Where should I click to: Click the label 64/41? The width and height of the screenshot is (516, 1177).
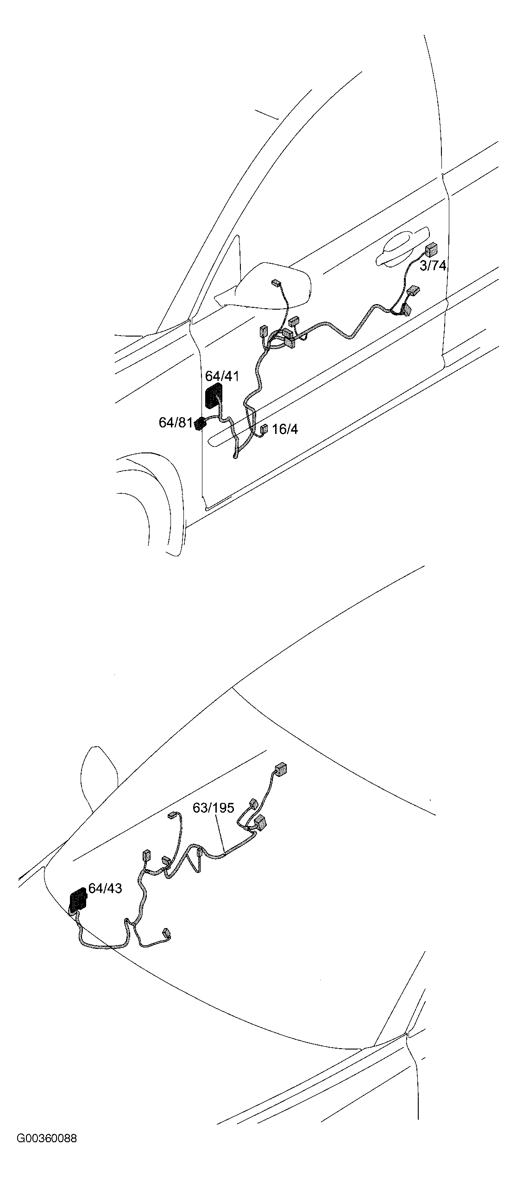tap(222, 376)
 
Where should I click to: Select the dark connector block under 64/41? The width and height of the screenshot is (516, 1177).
tap(213, 396)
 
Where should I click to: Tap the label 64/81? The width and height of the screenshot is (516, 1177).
tap(175, 423)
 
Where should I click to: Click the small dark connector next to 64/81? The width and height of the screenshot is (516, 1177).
tap(200, 423)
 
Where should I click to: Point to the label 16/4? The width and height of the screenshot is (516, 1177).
tap(285, 429)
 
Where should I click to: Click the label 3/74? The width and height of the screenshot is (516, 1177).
tap(433, 266)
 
